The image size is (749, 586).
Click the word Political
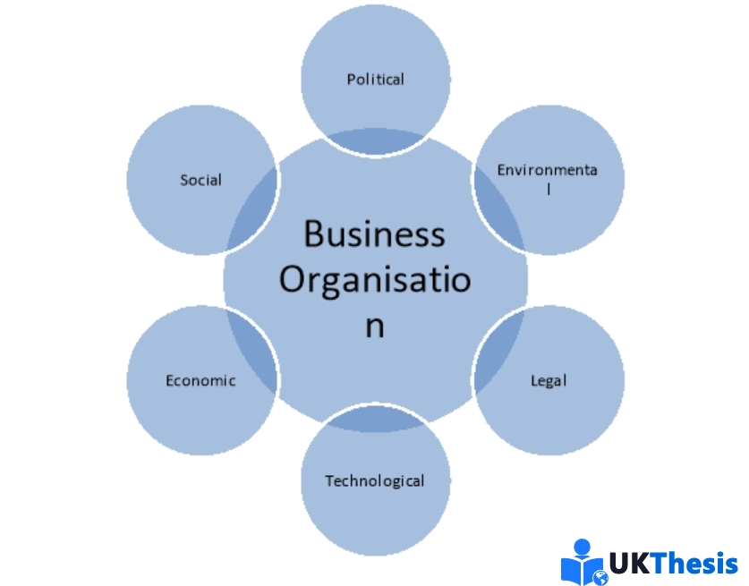(376, 79)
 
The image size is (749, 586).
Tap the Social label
(200, 180)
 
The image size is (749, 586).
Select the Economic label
(200, 380)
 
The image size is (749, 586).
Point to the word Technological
(375, 480)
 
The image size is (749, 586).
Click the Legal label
(549, 380)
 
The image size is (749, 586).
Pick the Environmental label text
(547, 170)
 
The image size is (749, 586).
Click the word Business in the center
(374, 234)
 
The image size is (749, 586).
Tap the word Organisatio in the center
(374, 279)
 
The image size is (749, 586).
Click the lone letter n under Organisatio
(374, 326)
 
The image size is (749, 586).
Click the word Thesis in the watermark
(694, 564)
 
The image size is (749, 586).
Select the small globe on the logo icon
(600, 578)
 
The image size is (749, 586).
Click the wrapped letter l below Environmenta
(548, 189)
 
